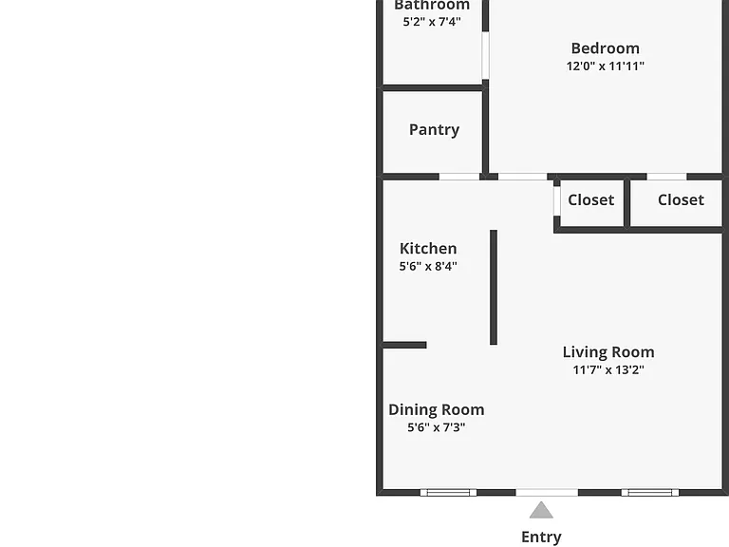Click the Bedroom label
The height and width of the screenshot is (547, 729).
point(605,48)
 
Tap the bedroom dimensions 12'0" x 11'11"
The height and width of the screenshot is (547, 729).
point(605,66)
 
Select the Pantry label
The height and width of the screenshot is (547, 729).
point(434,130)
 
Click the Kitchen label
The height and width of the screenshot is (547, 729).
point(428,249)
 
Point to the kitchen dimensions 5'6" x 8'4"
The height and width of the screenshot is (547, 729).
point(428,266)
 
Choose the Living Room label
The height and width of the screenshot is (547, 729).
point(608,352)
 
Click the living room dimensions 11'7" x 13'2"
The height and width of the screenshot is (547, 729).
point(608,369)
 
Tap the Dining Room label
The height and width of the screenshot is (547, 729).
point(436,410)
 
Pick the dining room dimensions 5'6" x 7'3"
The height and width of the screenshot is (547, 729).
point(436,427)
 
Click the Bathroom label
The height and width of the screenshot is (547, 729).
point(432,5)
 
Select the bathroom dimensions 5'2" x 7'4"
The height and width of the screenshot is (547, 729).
point(432,22)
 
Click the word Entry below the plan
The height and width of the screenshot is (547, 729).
point(541,537)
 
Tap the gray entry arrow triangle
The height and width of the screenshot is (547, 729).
point(541,511)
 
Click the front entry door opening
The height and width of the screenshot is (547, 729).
point(547,493)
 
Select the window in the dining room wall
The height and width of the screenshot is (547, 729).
point(448,493)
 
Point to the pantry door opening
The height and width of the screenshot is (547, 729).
point(459,177)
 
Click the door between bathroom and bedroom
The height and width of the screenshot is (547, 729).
point(485,55)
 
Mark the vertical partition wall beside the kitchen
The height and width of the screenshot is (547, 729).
point(494,288)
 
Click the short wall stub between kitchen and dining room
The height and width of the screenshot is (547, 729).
point(404,345)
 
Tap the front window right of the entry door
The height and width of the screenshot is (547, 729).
point(650,493)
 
